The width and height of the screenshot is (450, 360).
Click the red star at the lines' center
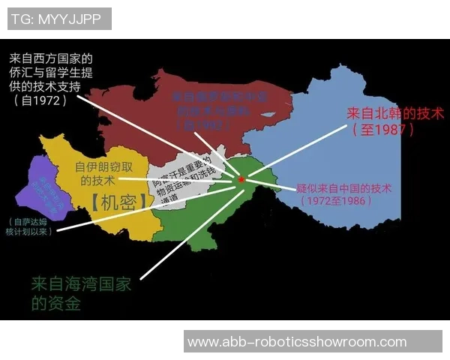241,179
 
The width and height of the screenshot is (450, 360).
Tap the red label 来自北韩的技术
396,114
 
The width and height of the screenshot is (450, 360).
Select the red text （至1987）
382,129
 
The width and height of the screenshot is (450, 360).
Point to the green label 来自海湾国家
81,284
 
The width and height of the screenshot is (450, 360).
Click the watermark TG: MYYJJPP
59,19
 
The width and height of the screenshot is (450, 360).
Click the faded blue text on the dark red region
220,106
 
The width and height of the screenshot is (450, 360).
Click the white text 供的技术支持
50,86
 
